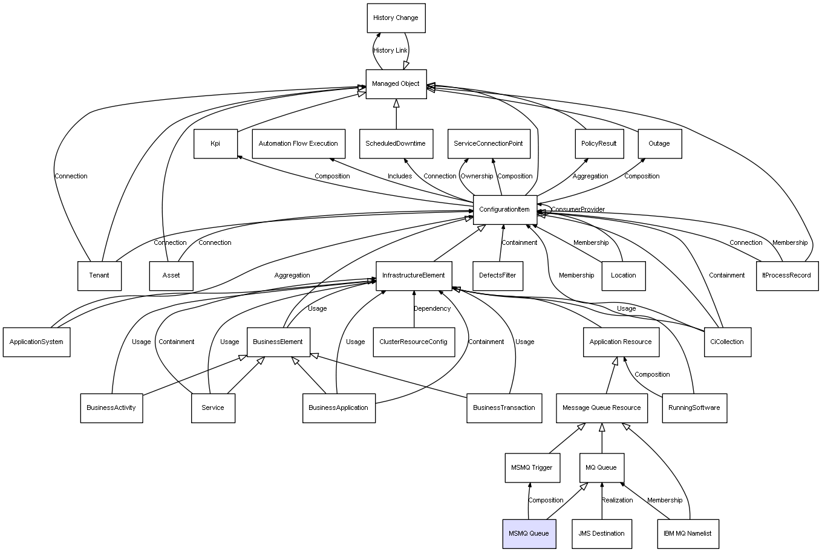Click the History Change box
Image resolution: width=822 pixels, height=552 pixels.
pos(396,18)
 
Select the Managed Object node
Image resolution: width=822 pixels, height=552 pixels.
pos(396,84)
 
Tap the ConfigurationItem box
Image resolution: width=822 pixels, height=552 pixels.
pos(504,209)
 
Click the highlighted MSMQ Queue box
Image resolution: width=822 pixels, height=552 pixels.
pos(529,533)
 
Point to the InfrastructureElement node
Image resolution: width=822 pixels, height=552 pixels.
pos(414,276)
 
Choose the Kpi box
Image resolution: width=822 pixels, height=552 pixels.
pos(215,144)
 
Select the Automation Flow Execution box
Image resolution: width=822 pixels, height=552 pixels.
pos(298,144)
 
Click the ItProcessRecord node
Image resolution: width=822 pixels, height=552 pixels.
pos(786,276)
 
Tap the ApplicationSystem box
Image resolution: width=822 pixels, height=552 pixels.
pos(36,342)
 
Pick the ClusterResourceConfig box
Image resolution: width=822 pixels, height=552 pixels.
pos(413,342)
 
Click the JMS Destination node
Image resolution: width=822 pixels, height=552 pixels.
pos(601,533)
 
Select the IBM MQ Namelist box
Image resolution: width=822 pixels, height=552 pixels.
pos(687,533)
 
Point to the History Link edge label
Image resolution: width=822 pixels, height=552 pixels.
pos(390,51)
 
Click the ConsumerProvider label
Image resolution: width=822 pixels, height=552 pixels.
pos(578,210)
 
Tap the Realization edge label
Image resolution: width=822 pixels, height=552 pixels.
pos(617,500)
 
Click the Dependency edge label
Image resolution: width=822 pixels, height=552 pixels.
pos(432,309)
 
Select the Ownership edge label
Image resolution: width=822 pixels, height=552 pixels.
pos(477,177)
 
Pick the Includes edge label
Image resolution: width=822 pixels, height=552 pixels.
pos(399,177)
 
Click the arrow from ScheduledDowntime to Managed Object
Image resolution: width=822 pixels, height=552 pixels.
pos(396,114)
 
